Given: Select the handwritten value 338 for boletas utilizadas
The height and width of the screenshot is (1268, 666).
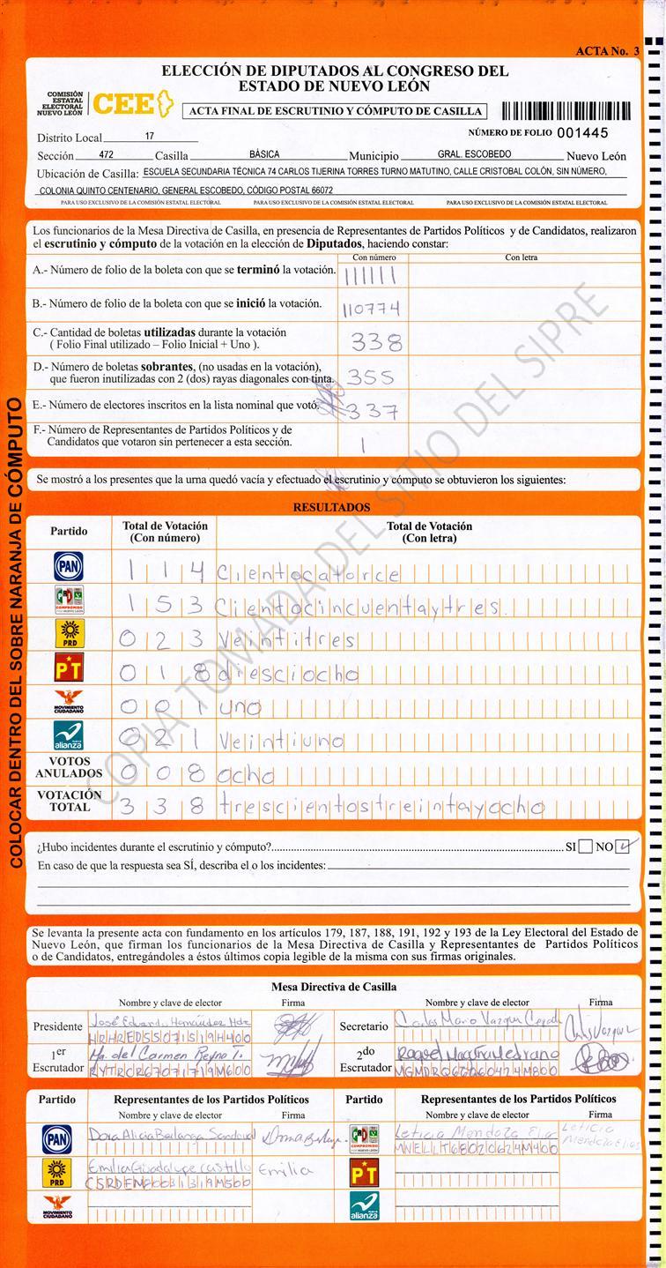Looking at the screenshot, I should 376,342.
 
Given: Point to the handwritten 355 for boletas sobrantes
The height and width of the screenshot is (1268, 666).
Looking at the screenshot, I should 370,377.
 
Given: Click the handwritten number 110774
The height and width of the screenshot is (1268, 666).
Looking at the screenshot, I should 370,309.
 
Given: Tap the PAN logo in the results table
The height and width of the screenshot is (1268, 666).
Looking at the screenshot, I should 69,566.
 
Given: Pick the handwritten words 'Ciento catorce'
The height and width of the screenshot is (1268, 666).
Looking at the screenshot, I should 308,575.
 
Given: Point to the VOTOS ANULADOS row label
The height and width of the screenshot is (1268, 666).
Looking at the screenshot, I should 69,767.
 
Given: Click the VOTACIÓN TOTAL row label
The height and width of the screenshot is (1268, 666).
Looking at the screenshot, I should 69,801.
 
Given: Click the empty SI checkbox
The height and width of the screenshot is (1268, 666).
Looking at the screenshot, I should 586,847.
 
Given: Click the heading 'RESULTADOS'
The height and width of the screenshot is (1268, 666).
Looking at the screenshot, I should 331,508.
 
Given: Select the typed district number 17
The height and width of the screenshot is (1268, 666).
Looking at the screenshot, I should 149,137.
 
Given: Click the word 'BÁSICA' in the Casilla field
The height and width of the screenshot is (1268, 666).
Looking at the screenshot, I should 264,154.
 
